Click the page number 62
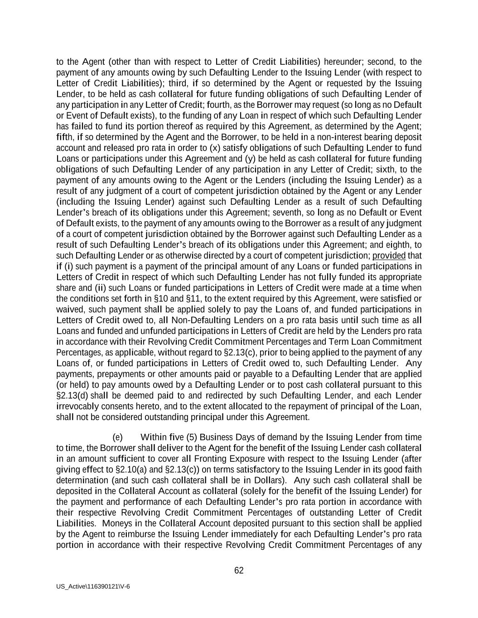click(239, 570)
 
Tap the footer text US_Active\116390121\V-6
click(93, 586)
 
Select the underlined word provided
click(389, 255)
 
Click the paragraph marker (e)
click(117, 437)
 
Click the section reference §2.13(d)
click(75, 395)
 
